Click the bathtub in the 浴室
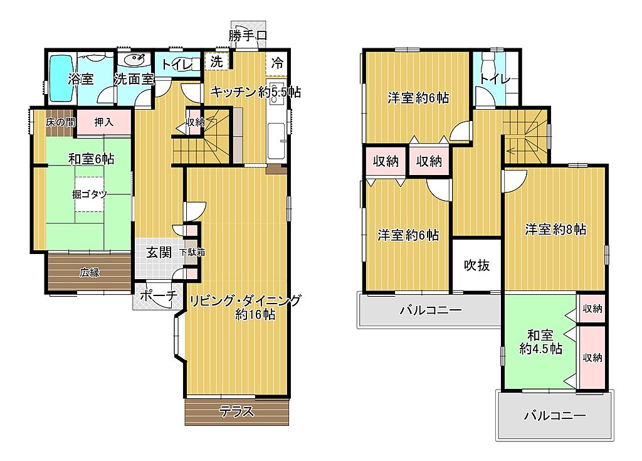[x=61, y=78]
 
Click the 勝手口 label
[x=248, y=35]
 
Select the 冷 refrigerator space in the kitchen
[x=277, y=63]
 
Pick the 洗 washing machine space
[x=216, y=62]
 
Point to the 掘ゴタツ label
[x=89, y=194]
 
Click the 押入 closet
[x=104, y=122]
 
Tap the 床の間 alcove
[x=60, y=122]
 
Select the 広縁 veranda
[x=90, y=272]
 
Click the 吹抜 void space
[x=477, y=265]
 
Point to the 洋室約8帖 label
[x=555, y=230]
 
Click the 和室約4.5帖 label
[x=540, y=342]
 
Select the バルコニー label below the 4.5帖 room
[x=555, y=416]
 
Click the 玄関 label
[x=159, y=252]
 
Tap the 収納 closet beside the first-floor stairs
[x=195, y=122]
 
